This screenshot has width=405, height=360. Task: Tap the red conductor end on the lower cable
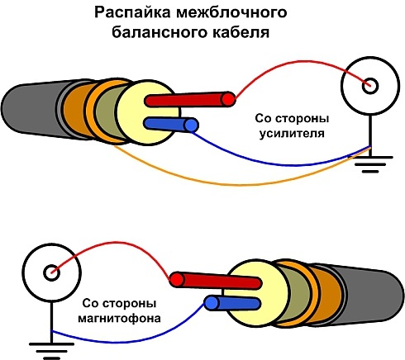(175, 279)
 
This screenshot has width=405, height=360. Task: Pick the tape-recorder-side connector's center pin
(51, 271)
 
